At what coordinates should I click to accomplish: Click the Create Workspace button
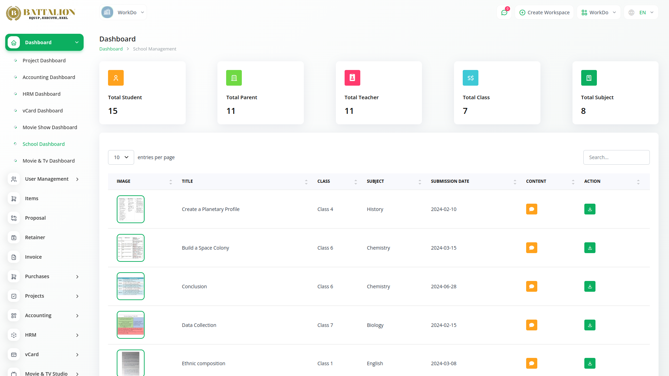[544, 13]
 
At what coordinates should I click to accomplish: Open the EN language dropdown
[641, 13]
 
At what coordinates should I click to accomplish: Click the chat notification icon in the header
[504, 13]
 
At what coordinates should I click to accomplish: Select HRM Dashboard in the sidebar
[41, 94]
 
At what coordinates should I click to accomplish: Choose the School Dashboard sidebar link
[44, 144]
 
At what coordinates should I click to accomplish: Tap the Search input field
[616, 157]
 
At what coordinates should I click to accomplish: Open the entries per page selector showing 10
[121, 157]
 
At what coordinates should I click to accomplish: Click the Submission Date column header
[450, 181]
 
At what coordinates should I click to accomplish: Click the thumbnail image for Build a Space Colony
[131, 248]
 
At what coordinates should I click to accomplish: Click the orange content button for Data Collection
[531, 325]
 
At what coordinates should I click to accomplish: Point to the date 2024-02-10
[444, 209]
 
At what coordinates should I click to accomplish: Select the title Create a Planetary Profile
[210, 209]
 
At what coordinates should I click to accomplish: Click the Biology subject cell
[375, 325]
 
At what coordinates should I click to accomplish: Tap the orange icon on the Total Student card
[116, 78]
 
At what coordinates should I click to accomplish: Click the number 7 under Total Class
[465, 111]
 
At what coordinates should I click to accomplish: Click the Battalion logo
[40, 13]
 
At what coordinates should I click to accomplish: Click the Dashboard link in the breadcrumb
[111, 49]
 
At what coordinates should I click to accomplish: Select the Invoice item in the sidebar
[33, 257]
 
